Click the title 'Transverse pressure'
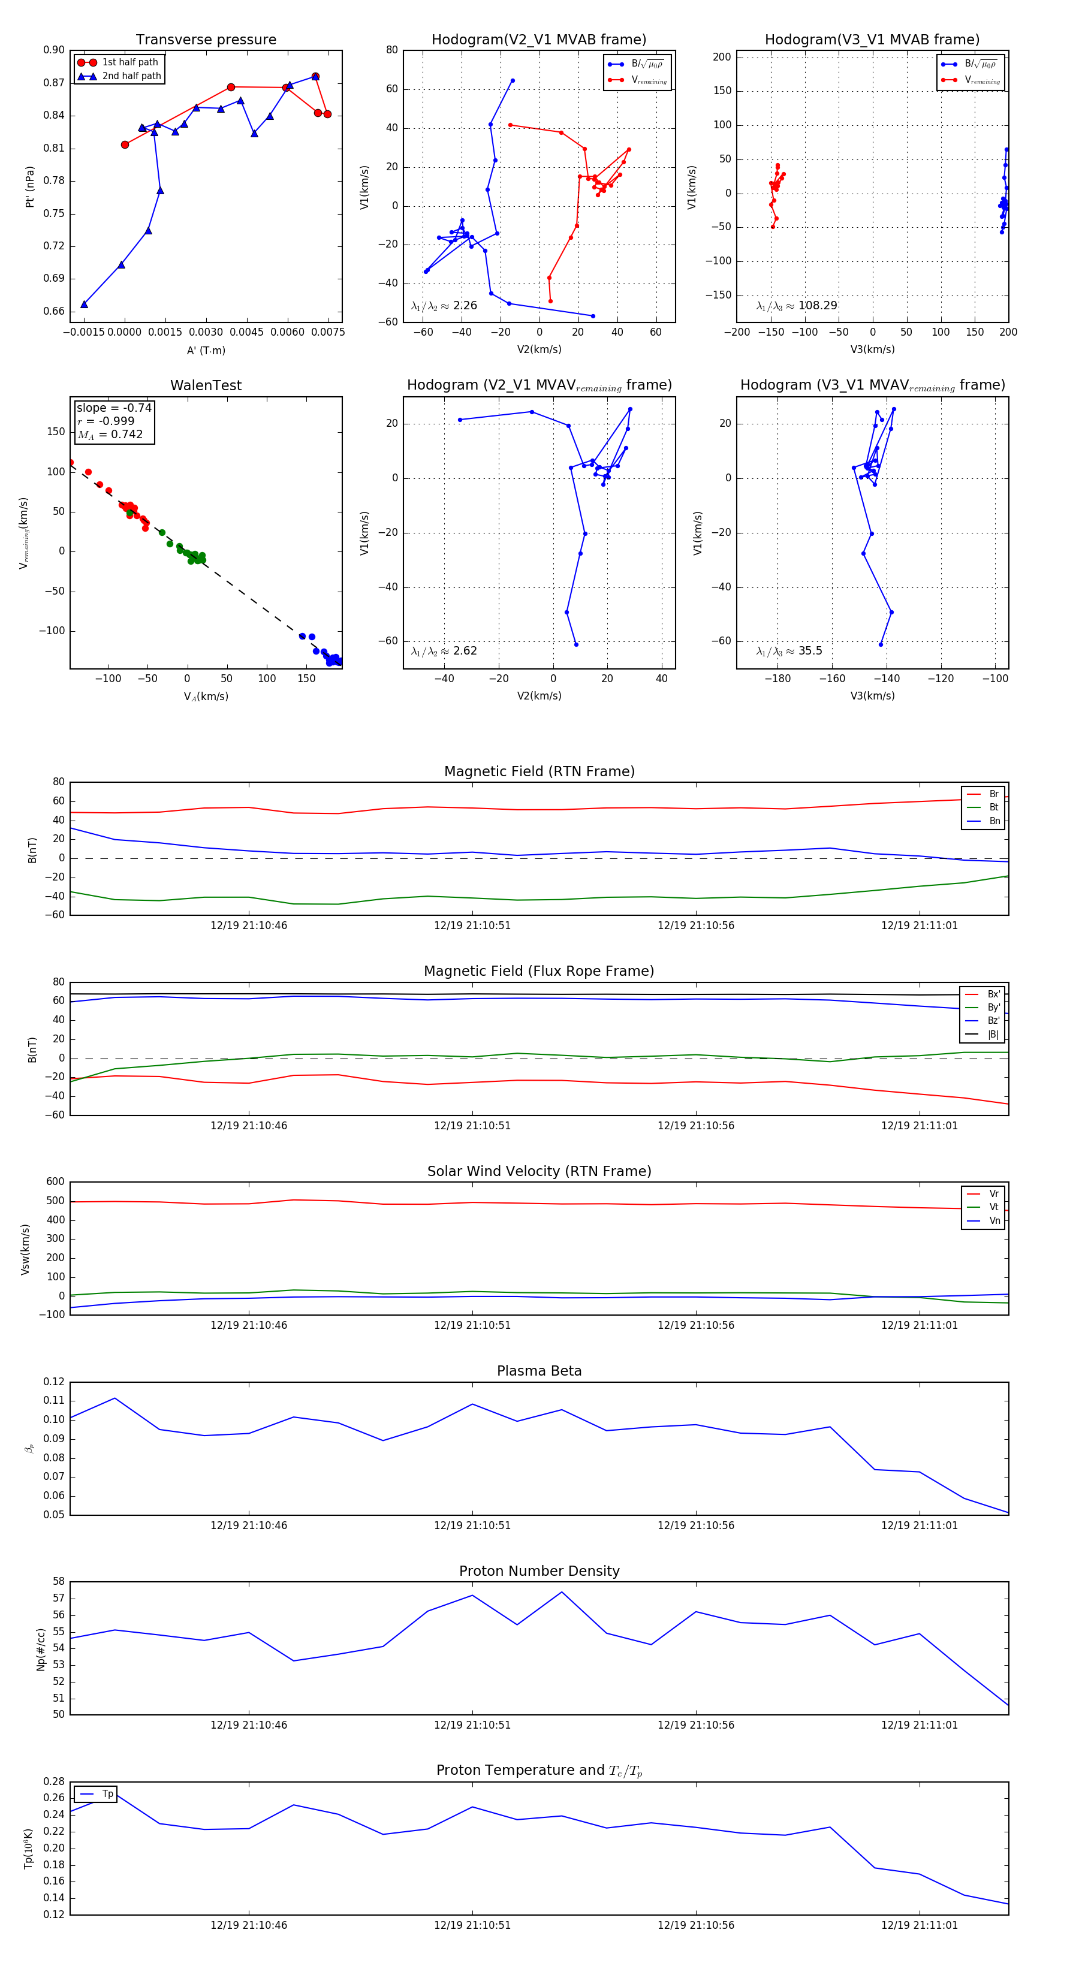coord(206,40)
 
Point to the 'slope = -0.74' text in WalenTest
coord(114,408)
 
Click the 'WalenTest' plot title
coord(206,385)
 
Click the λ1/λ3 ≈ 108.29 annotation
coord(797,306)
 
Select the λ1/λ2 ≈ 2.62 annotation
coord(444,651)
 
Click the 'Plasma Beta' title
coord(539,1371)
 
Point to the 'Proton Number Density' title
coord(539,1571)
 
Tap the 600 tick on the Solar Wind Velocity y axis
coord(55,1182)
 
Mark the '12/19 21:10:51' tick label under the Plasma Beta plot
coord(472,1525)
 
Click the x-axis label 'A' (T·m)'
coord(206,350)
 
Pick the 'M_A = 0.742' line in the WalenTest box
coord(110,435)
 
